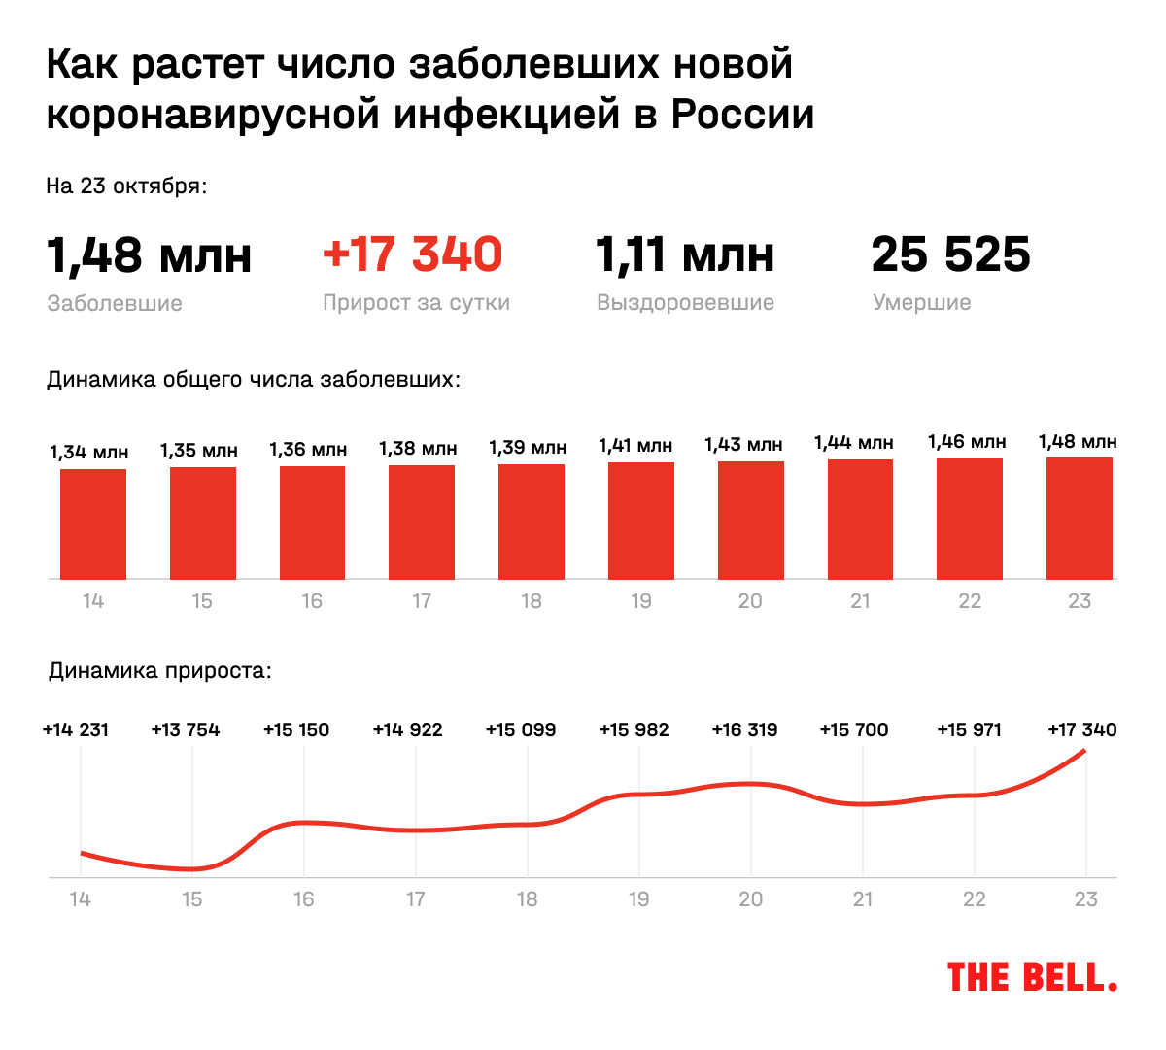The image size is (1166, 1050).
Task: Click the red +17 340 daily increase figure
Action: click(x=412, y=254)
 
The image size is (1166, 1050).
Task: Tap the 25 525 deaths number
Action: click(x=950, y=254)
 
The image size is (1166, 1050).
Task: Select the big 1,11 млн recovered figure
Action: click(x=685, y=254)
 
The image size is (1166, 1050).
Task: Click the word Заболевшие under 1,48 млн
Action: click(x=115, y=303)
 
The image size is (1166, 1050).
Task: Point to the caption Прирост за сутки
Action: click(x=416, y=302)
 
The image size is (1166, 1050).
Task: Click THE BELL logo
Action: click(x=1031, y=977)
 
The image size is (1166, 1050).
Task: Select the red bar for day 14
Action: click(x=93, y=525)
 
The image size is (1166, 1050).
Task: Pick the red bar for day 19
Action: click(x=641, y=521)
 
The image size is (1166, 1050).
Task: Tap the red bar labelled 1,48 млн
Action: click(x=1080, y=519)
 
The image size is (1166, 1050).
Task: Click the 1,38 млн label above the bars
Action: click(x=418, y=448)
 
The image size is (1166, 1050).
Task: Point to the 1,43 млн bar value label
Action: click(x=743, y=445)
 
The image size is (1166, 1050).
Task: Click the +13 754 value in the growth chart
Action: click(x=186, y=729)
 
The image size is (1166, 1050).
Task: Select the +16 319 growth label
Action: click(x=744, y=729)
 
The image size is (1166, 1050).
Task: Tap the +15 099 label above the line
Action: click(x=521, y=729)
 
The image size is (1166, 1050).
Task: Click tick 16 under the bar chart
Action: click(x=312, y=601)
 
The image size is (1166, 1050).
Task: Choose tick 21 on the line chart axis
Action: click(x=863, y=899)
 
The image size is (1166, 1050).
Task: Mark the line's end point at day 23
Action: click(x=1084, y=751)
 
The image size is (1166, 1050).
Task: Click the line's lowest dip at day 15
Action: click(x=192, y=868)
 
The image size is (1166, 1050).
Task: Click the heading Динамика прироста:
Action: click(x=160, y=671)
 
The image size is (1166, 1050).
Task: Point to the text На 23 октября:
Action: click(x=126, y=186)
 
